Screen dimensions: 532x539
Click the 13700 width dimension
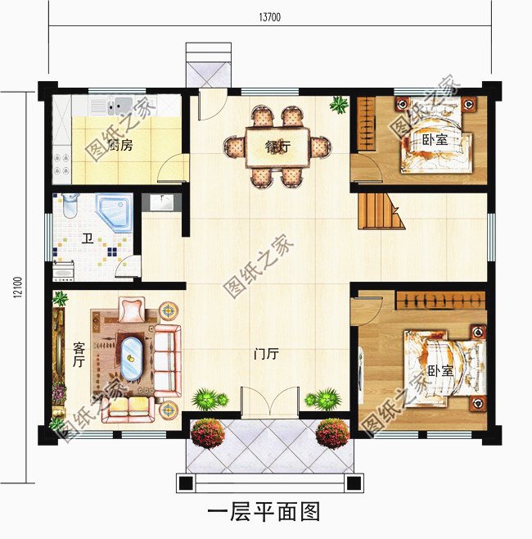(270, 17)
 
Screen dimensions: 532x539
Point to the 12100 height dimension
(18, 288)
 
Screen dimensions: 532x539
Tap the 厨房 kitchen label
(119, 145)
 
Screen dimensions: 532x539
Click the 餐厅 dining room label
(277, 147)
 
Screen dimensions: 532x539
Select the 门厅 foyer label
(266, 354)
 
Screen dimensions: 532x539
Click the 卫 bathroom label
(88, 238)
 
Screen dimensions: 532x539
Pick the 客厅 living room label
(79, 355)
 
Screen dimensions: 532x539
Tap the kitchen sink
(119, 105)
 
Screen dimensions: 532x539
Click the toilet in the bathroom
(70, 206)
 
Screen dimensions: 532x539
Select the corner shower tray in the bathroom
(115, 212)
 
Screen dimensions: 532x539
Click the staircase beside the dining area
(381, 211)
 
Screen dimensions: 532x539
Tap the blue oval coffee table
(132, 358)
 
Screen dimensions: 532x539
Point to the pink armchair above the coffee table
(132, 310)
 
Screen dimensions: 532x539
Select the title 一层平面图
(264, 511)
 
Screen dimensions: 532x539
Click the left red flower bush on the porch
(208, 433)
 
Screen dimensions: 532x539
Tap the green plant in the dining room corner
(339, 104)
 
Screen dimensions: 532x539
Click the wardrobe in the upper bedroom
(367, 124)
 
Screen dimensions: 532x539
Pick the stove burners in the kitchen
(61, 165)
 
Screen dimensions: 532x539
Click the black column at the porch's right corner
(354, 483)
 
